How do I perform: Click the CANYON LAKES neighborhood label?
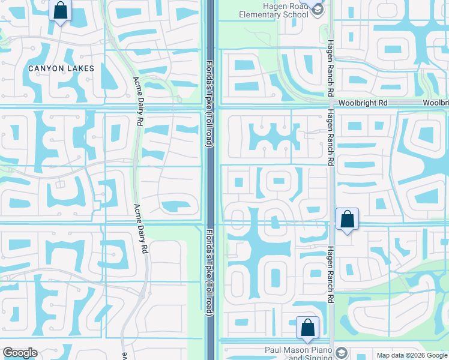[61, 68]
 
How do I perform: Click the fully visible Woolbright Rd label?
[363, 103]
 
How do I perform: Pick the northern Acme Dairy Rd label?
[138, 101]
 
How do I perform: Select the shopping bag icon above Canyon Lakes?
[61, 11]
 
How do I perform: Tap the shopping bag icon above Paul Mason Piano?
[307, 328]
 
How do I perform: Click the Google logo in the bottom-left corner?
[20, 352]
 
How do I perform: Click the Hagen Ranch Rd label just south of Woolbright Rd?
[330, 139]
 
